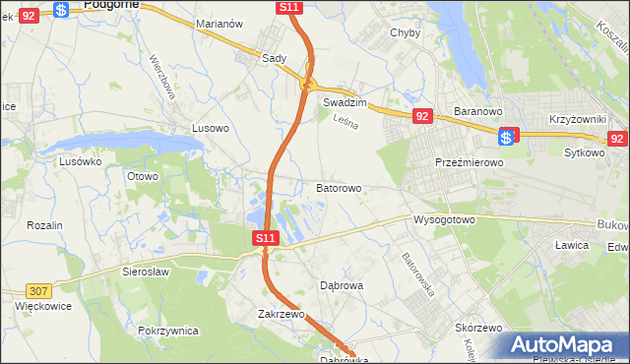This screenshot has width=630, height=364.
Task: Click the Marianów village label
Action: (x=220, y=23)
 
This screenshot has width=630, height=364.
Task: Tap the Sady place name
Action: (x=274, y=58)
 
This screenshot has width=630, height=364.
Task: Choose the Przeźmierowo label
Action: (x=470, y=162)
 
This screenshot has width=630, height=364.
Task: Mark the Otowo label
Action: (x=143, y=176)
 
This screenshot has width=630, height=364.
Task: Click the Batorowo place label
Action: (x=339, y=187)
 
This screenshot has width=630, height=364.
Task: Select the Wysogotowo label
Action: (x=445, y=219)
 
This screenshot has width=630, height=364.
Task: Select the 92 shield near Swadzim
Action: (x=421, y=116)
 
